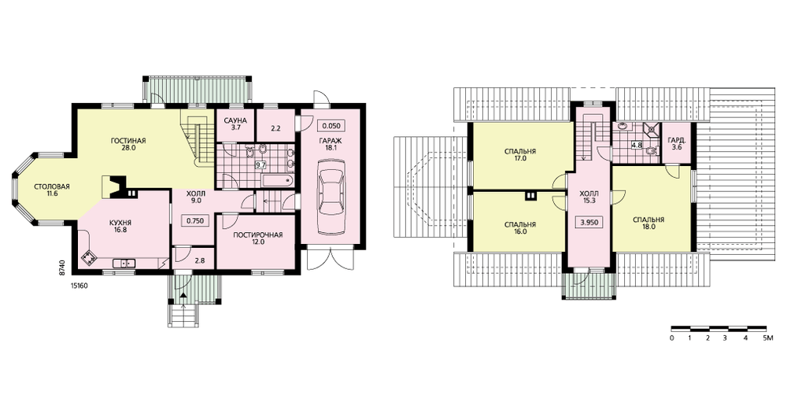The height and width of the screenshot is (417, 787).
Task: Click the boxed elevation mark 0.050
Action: pos(331,126)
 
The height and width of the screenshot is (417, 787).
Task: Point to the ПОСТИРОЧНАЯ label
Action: pos(257,234)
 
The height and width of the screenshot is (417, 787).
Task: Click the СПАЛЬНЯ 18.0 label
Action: pos(648,223)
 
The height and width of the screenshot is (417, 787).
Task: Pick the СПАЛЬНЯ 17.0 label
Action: pos(520,154)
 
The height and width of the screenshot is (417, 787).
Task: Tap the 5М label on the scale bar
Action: pos(768,339)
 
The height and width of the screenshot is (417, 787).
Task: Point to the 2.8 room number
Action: pos(199,261)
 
